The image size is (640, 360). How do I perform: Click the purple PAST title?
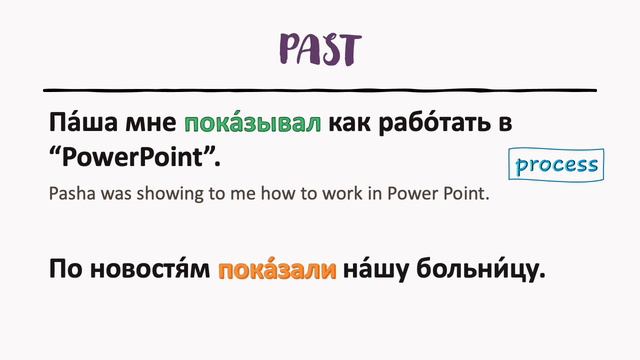[x=320, y=46]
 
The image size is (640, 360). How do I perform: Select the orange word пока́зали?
[x=276, y=269]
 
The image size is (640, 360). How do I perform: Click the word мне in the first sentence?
[x=151, y=124]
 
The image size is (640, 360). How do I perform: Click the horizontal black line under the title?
[x=320, y=90]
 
